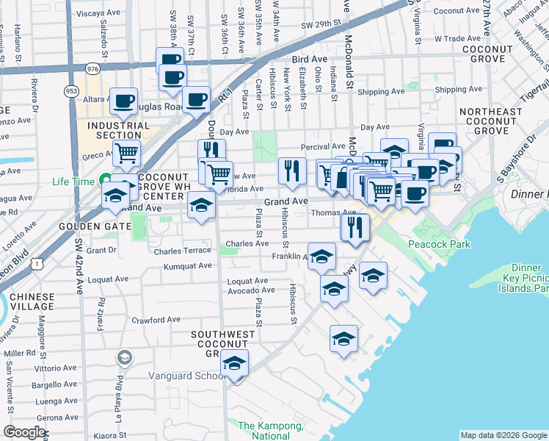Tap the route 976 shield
pyautogui.click(x=92, y=68)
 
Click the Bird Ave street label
pyautogui.click(x=308, y=58)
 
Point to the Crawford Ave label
pyautogui.click(x=156, y=320)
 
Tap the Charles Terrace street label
pyautogui.click(x=183, y=251)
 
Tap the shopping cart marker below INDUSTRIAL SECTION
pyautogui.click(x=127, y=153)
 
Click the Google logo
pyautogui.click(x=24, y=432)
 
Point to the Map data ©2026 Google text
pyautogui.click(x=503, y=435)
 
